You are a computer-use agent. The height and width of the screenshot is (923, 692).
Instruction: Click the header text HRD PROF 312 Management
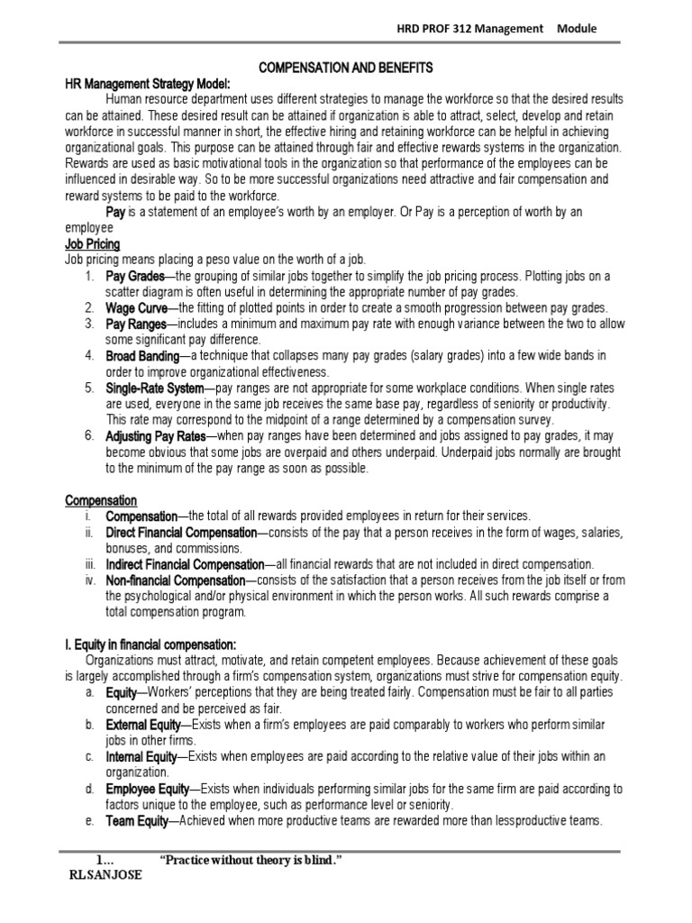tap(470, 29)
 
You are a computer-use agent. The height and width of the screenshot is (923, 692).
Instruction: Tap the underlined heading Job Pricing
tap(92, 244)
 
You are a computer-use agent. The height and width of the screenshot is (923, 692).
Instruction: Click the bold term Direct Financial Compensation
tap(181, 533)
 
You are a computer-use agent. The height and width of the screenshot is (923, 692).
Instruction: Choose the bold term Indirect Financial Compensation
tap(187, 564)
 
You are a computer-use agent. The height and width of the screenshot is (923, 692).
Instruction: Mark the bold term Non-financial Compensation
tap(175, 580)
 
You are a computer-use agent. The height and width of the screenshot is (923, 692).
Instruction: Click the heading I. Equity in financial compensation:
tap(150, 644)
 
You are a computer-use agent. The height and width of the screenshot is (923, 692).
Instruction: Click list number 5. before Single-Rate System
tap(90, 388)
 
